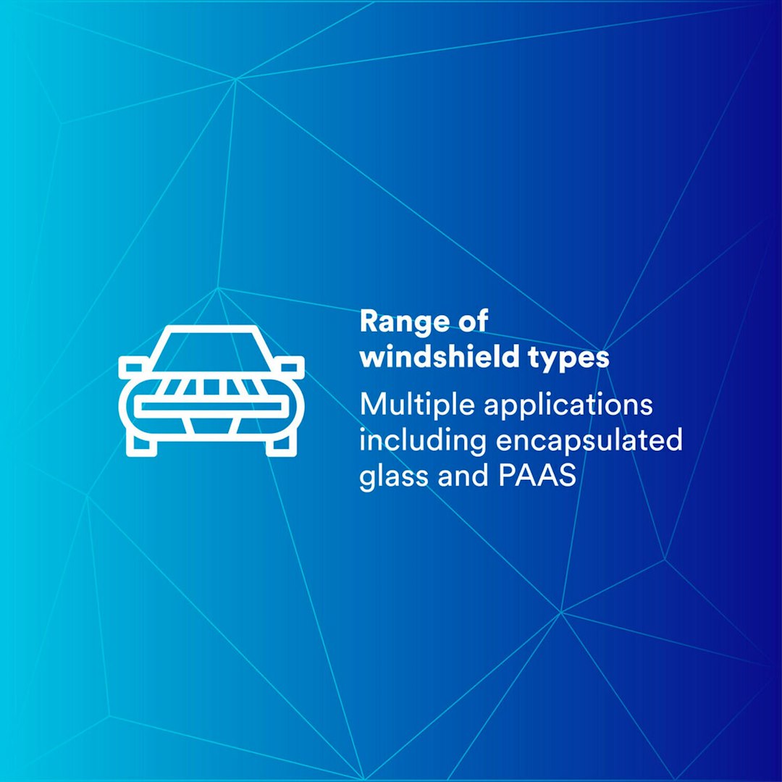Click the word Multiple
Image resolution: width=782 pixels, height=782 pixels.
417,405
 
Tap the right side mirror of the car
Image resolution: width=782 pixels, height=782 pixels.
292,368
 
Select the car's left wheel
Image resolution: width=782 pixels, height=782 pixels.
142,445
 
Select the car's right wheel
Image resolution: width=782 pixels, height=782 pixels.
280,445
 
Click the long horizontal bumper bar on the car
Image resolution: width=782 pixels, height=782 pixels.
211,408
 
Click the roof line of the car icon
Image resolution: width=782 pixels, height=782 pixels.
211,329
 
